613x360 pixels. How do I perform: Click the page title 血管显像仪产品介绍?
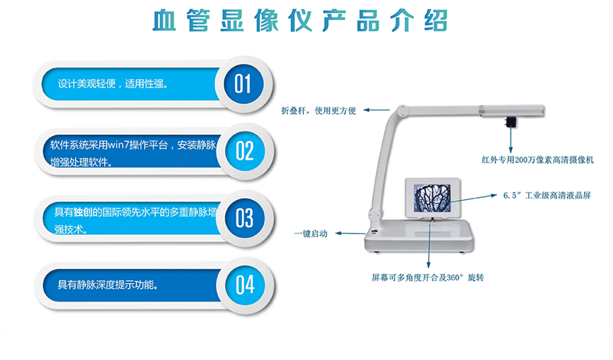300,20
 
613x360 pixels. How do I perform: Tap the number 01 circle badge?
243,84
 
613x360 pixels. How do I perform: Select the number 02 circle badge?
245,151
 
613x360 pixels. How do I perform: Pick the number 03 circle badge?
245,218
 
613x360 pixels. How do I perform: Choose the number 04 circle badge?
245,285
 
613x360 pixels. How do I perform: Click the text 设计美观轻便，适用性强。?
113,84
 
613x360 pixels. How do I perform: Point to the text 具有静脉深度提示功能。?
108,285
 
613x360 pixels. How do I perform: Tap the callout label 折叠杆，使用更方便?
319,111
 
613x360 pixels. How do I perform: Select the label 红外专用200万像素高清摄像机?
538,160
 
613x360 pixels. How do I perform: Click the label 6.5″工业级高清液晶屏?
547,195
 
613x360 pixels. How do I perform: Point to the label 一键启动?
311,234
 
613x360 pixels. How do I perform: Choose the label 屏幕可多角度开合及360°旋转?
428,277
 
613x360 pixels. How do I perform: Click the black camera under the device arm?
510,121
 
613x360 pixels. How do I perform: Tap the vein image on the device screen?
432,198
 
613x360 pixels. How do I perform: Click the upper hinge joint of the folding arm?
402,110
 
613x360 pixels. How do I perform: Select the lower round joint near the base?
374,215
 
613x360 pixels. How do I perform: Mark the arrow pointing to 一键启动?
350,234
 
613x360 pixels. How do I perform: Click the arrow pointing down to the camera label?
510,139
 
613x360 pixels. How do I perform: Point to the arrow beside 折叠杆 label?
376,110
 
